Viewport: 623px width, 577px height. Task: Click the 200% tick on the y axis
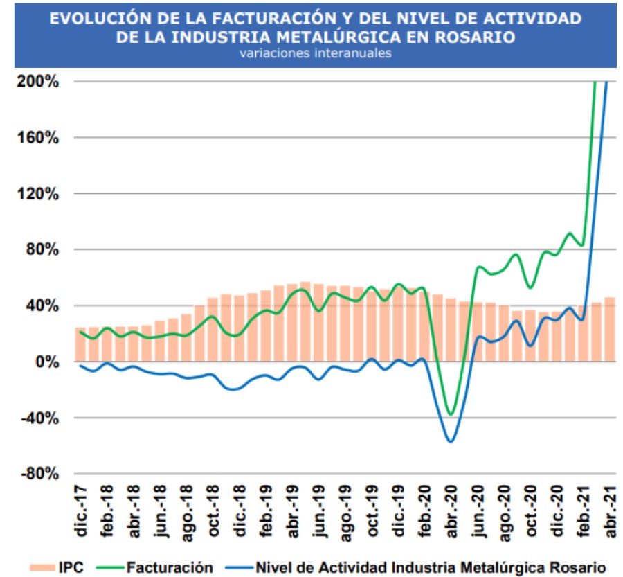[x=39, y=82]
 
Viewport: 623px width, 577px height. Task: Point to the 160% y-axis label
[x=39, y=138]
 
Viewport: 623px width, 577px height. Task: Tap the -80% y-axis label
[x=39, y=474]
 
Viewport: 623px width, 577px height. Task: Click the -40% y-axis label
[x=39, y=418]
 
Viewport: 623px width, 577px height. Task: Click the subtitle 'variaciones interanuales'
[x=315, y=53]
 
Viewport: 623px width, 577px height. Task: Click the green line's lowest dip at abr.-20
[x=451, y=414]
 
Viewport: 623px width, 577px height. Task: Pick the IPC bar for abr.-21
[x=610, y=329]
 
